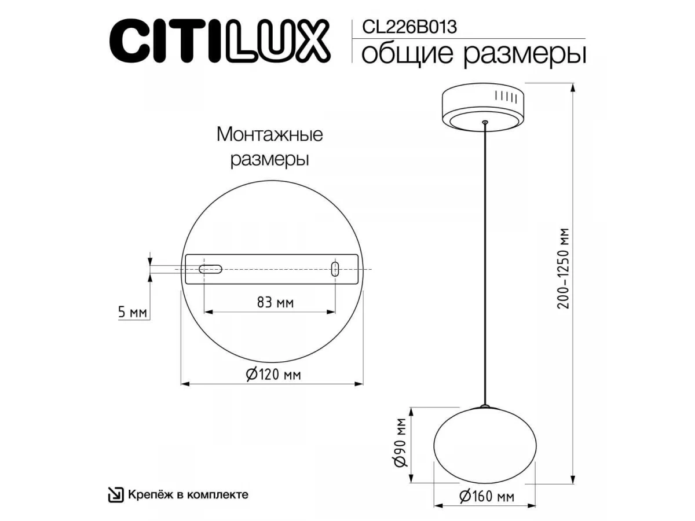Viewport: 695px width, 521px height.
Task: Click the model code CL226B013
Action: pos(409,27)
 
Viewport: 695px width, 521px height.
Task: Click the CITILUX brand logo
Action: pos(220,40)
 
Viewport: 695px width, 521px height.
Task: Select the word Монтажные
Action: pos(270,134)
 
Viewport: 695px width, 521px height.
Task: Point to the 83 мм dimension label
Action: pos(275,302)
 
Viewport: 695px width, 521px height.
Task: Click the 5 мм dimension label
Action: pos(133,312)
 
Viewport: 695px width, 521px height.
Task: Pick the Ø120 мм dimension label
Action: pos(273,375)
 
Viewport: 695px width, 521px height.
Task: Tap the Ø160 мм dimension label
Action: pos(487,497)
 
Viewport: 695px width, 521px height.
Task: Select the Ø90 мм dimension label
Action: pos(400,442)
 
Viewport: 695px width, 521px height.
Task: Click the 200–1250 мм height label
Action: pos(564,268)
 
